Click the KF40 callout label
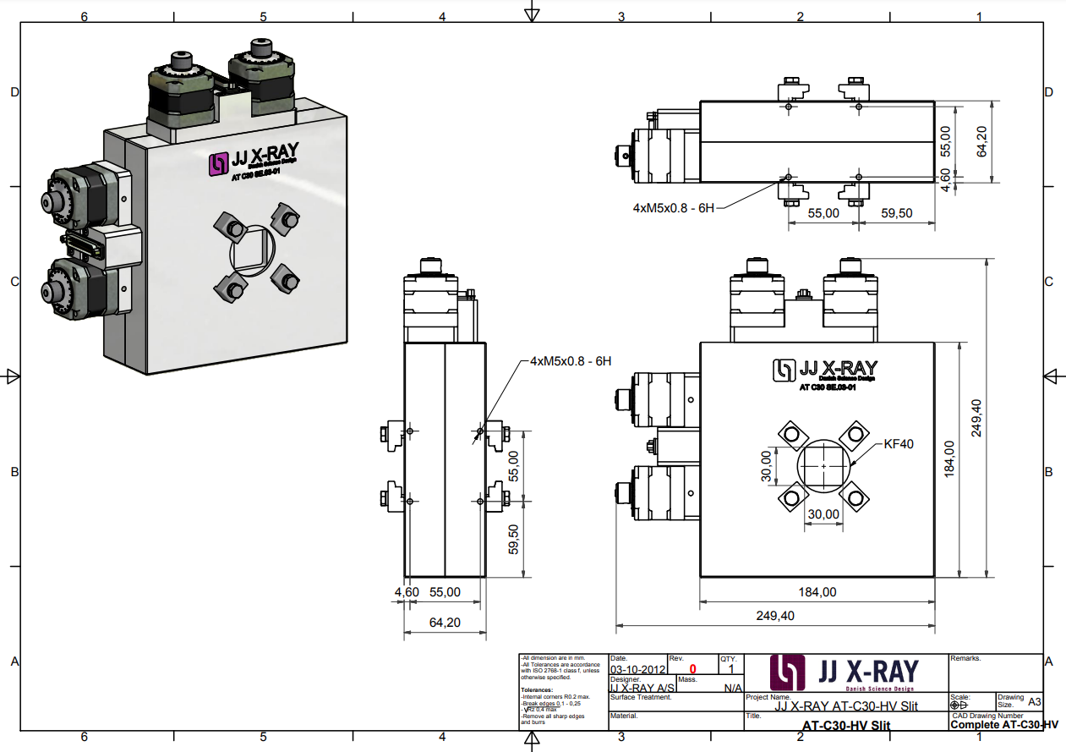pyautogui.click(x=899, y=443)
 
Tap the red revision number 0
pyautogui.click(x=692, y=669)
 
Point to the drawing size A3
pyautogui.click(x=1034, y=701)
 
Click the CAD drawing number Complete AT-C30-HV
pyautogui.click(x=1004, y=725)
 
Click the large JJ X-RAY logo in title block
pyautogui.click(x=845, y=672)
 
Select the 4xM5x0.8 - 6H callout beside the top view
pyautogui.click(x=674, y=207)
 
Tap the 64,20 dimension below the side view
pyautogui.click(x=445, y=622)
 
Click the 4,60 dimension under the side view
pyautogui.click(x=407, y=592)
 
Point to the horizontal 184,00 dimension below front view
pyautogui.click(x=817, y=592)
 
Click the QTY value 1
pyautogui.click(x=731, y=669)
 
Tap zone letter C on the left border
pyautogui.click(x=14, y=282)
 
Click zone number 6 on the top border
pyautogui.click(x=84, y=16)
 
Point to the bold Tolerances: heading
pyautogui.click(x=537, y=689)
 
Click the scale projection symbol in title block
pyautogui.click(x=959, y=704)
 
